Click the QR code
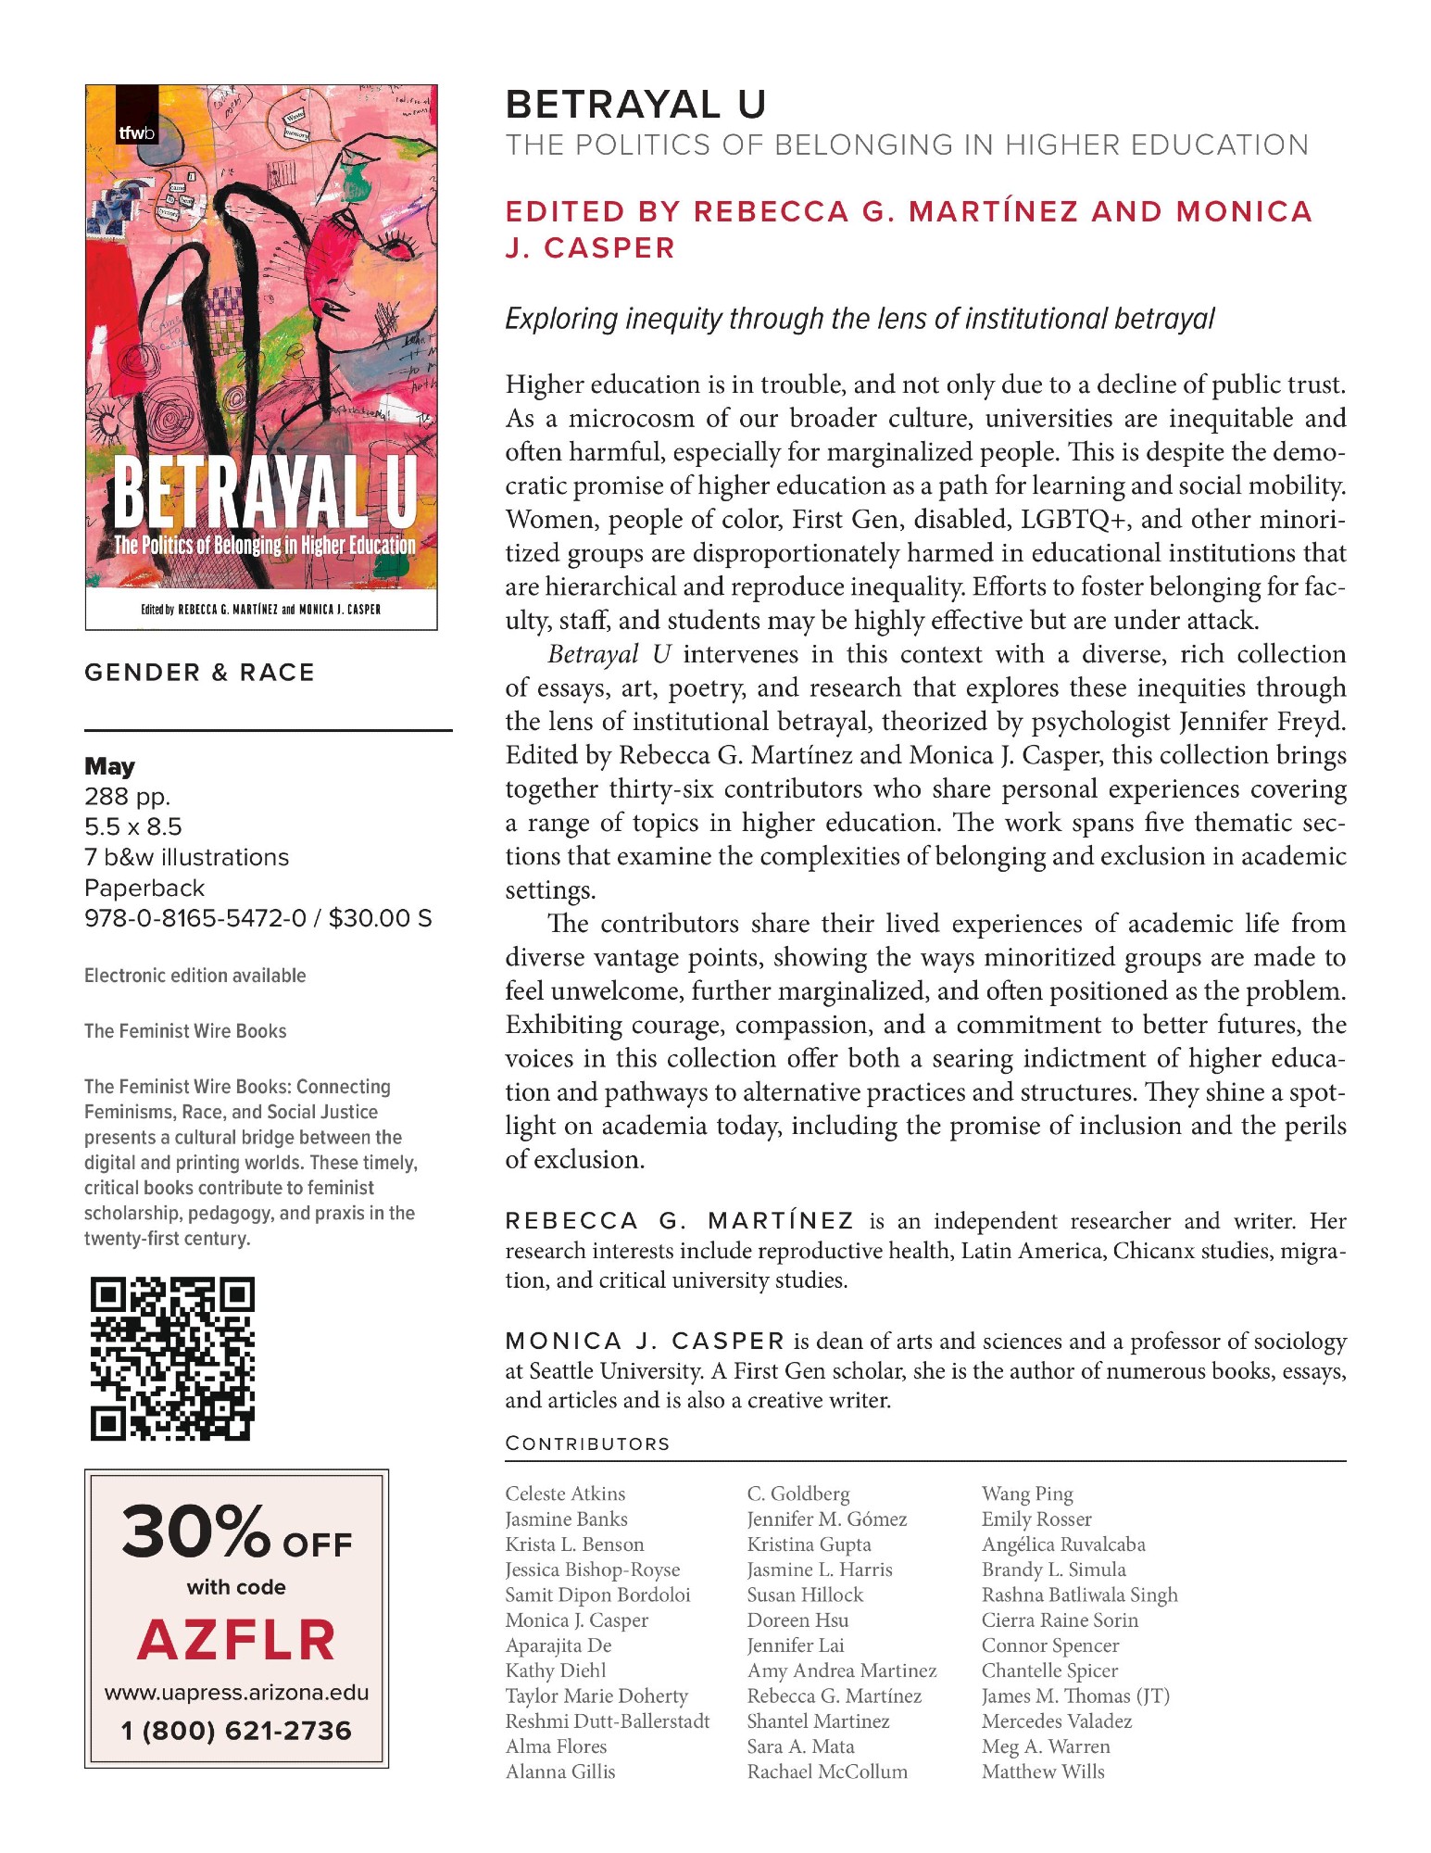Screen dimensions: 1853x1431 172,1358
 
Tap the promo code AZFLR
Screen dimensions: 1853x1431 236,1641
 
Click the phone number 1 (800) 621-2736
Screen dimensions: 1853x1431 236,1731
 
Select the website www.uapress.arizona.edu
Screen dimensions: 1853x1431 236,1693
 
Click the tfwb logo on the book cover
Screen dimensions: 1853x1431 136,132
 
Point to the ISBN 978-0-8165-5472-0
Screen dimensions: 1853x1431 195,918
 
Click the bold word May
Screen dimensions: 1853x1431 109,766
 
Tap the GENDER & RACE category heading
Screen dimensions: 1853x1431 199,673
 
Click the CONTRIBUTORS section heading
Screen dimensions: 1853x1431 587,1443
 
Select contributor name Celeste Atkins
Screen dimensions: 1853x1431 565,1494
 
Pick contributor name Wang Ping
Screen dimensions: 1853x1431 1027,1494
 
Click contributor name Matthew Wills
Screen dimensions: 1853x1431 1043,1771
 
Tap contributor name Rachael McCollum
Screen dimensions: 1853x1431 827,1771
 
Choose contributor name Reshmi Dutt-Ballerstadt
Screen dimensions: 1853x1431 607,1721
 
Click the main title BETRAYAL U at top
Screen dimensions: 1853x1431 635,105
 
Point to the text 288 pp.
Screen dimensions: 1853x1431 127,797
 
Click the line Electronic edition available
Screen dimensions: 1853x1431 195,976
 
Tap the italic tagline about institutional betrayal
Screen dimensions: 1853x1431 859,319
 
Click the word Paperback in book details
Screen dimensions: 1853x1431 144,888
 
